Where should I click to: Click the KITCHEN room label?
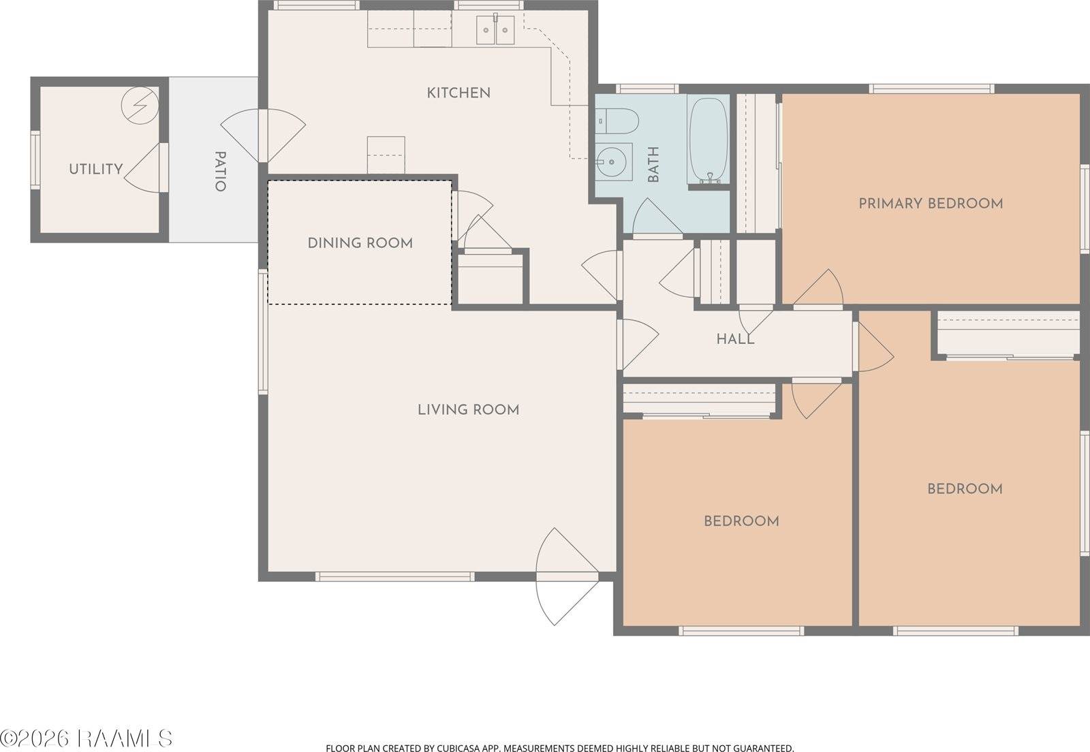458,93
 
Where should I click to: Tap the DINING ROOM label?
360,242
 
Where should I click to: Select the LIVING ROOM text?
468,409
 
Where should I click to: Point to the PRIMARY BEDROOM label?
931,203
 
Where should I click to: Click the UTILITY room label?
96,169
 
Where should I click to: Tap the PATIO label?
221,171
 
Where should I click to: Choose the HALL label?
735,339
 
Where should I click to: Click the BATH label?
653,164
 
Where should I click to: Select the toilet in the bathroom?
617,121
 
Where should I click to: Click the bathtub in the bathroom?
708,141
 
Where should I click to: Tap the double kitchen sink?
495,30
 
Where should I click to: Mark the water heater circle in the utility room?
140,105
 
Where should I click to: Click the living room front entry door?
567,576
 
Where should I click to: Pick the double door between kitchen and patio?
263,136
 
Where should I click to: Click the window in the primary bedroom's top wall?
931,89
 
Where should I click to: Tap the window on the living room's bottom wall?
394,576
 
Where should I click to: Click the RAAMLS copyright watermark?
86,738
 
